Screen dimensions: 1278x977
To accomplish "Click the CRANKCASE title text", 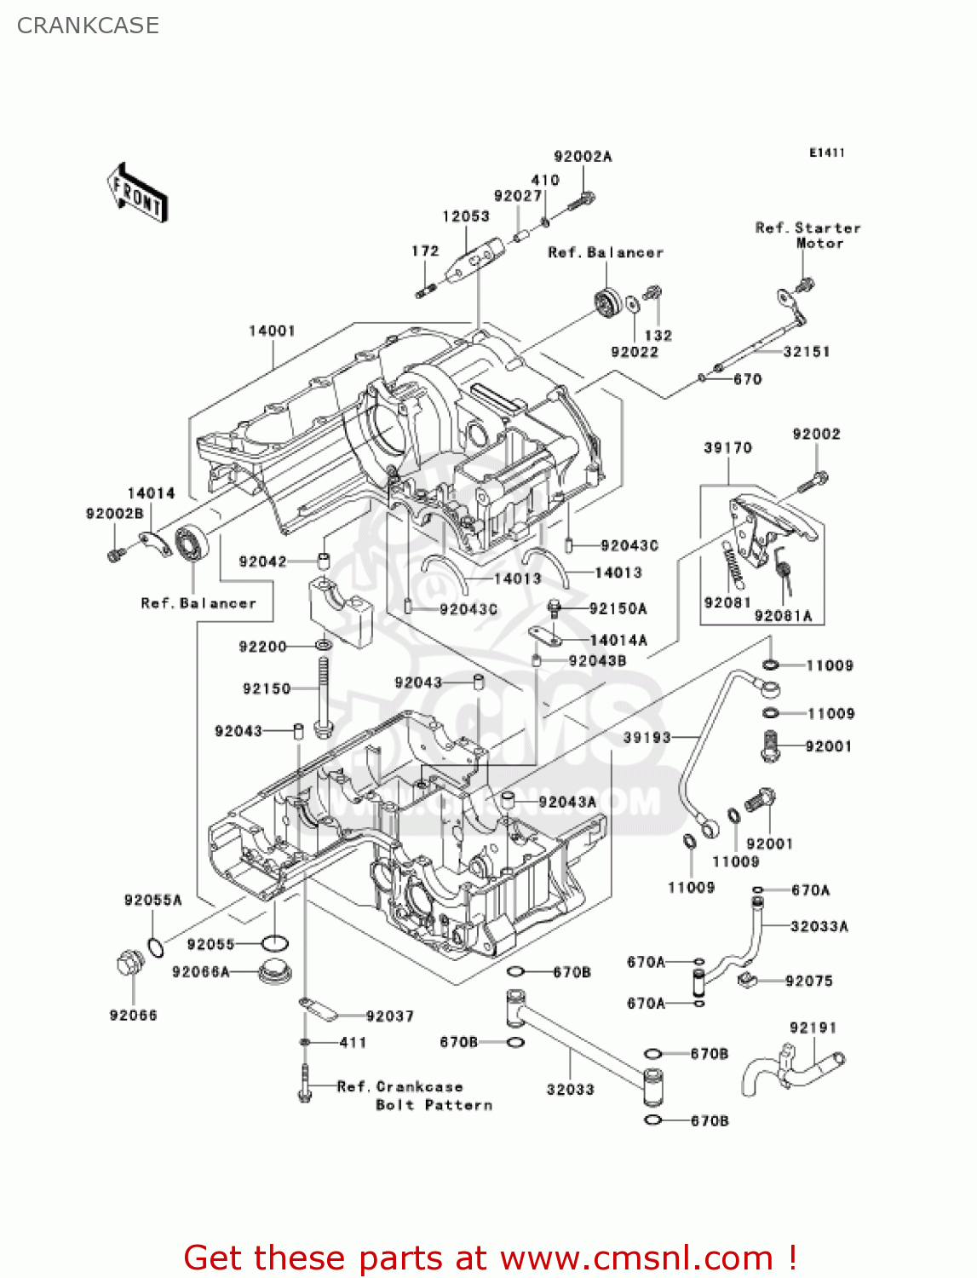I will pos(88,26).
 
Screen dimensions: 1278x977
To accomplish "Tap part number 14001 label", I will pos(272,331).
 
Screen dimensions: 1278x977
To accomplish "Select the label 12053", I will pos(466,216).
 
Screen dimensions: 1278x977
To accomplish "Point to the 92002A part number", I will pos(583,157).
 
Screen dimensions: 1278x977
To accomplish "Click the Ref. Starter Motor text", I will pos(807,235).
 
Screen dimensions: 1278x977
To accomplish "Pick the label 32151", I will pos(806,351).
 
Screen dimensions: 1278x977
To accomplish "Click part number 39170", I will pos(727,448).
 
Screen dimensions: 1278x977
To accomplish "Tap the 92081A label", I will pos(784,616).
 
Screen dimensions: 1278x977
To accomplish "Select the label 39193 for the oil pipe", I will pos(647,737).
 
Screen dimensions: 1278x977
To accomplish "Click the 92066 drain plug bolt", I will pos(129,965).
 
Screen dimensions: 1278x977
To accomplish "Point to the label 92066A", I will pos(201,972).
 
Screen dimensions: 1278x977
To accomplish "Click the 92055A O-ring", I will pos(156,947).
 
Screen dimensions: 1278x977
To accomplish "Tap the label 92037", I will pos(389,1016).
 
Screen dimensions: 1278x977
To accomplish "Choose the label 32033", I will pos(570,1090).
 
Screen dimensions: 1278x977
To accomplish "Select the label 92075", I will pos(808,981).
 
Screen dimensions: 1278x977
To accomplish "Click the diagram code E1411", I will pos(826,153).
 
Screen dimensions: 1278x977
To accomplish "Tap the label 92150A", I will pos(618,608).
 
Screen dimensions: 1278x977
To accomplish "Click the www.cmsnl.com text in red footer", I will pos(636,1258).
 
